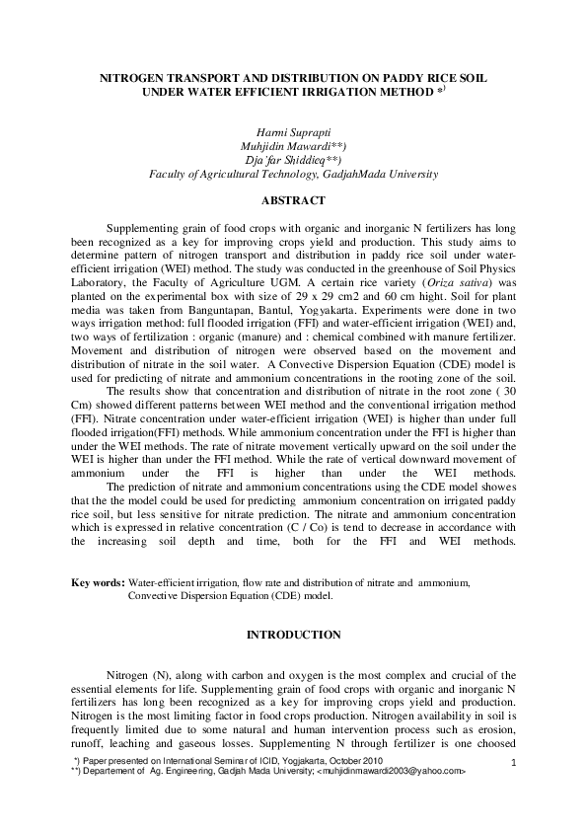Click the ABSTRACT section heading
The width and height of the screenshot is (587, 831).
[293, 201]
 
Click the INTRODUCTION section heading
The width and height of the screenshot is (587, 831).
[293, 632]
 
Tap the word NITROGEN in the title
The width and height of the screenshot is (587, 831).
[141, 76]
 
